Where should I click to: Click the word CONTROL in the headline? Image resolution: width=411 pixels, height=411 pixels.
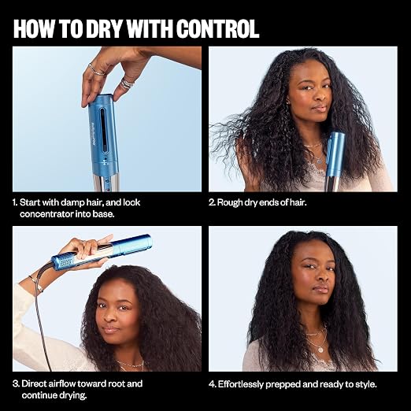point(217,29)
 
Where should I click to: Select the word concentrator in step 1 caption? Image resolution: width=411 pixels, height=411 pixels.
point(47,214)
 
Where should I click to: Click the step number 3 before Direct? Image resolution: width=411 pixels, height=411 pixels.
point(16,383)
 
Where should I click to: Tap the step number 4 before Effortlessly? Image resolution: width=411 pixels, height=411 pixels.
point(213,384)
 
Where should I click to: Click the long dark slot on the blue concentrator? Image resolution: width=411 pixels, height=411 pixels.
point(102,131)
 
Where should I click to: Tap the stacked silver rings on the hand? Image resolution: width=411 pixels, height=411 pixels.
point(127,84)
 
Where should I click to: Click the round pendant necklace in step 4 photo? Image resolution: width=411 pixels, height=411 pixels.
point(320,350)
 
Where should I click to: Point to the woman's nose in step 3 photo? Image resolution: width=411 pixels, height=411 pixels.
point(109,317)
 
